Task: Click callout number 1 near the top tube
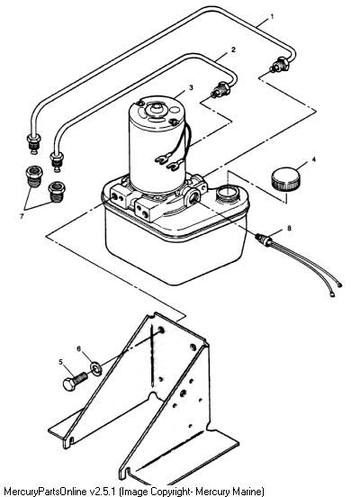(271, 17)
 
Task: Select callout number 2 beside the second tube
(234, 50)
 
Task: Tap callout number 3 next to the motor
(191, 87)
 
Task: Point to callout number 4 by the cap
(314, 159)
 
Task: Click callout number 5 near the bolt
(60, 362)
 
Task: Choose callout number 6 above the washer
(79, 348)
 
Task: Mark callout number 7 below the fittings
(22, 216)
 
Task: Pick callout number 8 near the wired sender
(289, 228)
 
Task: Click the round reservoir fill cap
(285, 179)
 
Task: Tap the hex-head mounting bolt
(76, 381)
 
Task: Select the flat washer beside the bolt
(96, 368)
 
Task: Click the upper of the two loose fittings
(33, 176)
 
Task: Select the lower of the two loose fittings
(57, 192)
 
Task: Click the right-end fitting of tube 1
(279, 64)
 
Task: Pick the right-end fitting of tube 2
(220, 89)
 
